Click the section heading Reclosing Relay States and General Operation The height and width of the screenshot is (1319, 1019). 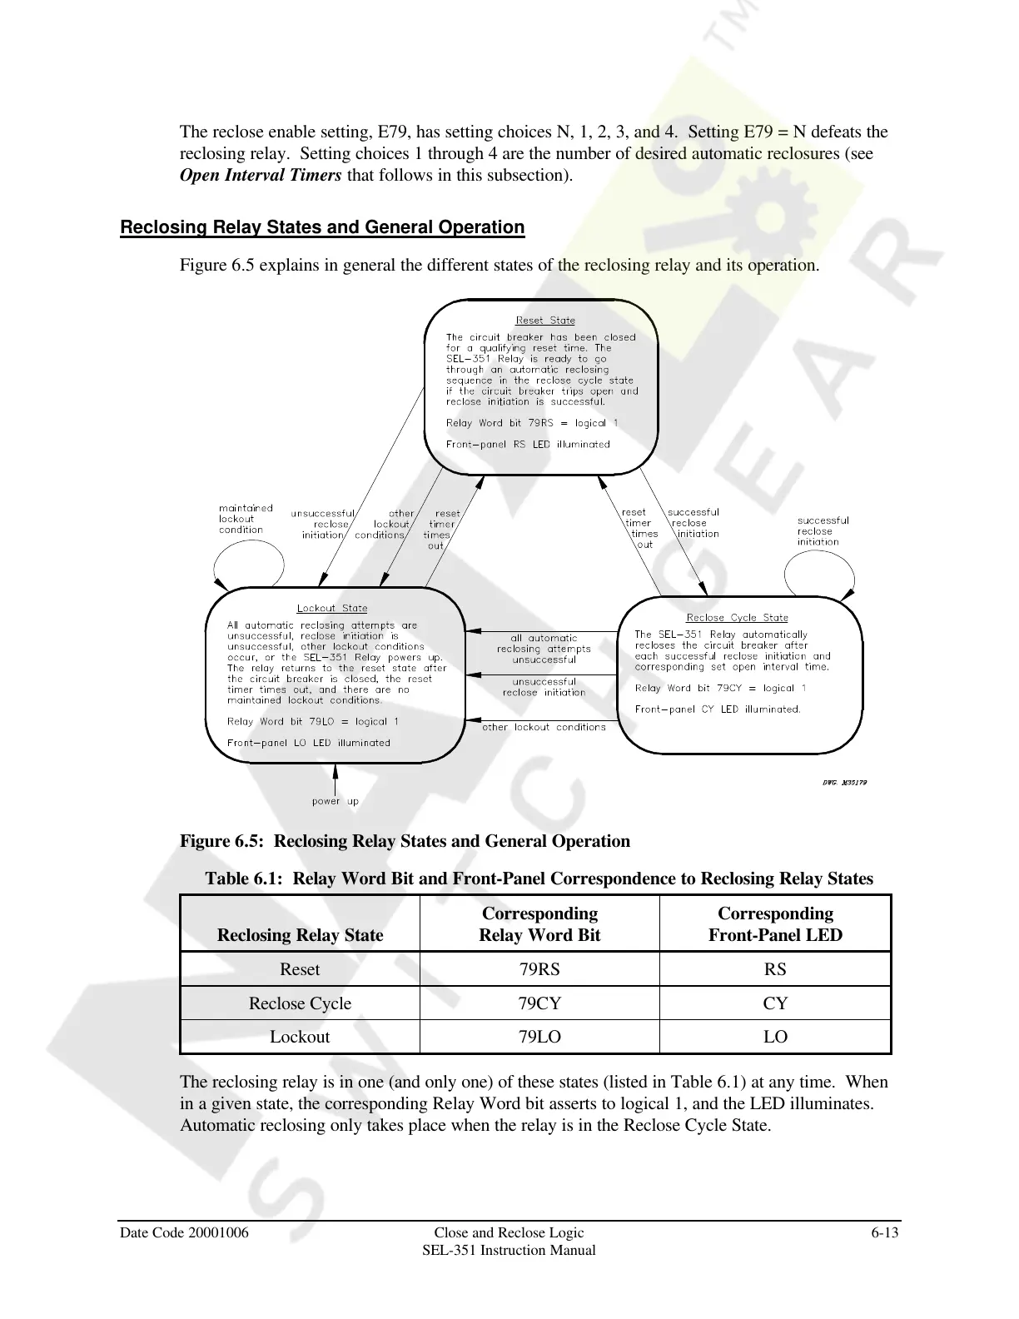(x=322, y=227)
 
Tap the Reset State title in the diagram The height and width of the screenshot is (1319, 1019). (x=545, y=321)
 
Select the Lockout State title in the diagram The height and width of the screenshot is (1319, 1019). (x=332, y=609)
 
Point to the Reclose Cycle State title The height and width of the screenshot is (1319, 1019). (x=737, y=618)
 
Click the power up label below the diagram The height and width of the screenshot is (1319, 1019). (x=335, y=802)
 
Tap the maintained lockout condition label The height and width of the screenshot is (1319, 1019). (x=246, y=519)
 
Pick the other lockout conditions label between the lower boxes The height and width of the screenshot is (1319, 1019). (x=544, y=728)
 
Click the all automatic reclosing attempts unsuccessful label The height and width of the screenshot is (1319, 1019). (x=544, y=650)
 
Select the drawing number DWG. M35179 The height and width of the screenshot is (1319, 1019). (x=839, y=782)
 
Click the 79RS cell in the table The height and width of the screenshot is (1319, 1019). (x=539, y=969)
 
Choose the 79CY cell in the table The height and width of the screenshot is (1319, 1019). (x=539, y=1003)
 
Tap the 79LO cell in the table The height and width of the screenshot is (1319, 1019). (x=539, y=1037)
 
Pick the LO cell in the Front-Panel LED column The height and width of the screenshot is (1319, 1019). (x=775, y=1037)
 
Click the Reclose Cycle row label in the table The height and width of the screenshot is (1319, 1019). (x=300, y=1003)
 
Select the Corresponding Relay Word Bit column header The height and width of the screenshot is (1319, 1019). (x=539, y=924)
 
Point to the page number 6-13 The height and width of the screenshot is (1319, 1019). (x=884, y=1232)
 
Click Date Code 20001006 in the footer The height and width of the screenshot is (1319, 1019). (x=184, y=1232)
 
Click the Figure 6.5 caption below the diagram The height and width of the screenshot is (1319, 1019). (x=405, y=841)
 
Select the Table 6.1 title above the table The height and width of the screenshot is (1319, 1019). (x=539, y=879)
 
